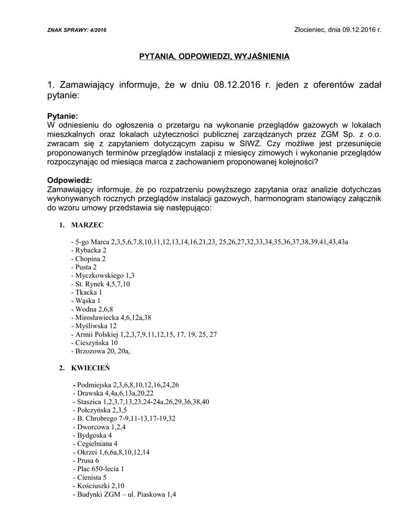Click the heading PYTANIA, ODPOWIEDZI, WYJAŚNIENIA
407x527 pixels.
click(x=215, y=56)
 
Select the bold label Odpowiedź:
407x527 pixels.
click(x=69, y=181)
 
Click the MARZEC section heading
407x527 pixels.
click(x=87, y=225)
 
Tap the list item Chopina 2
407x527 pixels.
click(x=90, y=259)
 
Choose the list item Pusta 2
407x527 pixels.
click(x=85, y=267)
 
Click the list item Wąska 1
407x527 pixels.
click(x=87, y=301)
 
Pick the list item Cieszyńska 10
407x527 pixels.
click(x=96, y=342)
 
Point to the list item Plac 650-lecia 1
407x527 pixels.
click(x=100, y=468)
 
